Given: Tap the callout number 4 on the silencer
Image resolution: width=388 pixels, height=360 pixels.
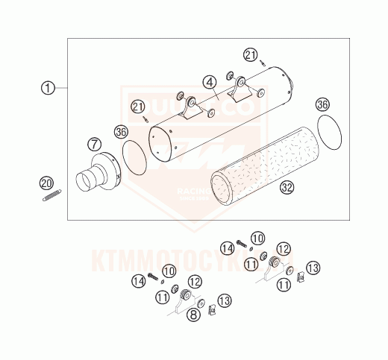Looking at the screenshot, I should tap(211, 81).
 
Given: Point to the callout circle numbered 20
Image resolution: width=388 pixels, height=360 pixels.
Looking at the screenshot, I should tap(46, 183).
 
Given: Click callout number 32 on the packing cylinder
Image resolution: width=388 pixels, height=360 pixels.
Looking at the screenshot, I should tap(286, 188).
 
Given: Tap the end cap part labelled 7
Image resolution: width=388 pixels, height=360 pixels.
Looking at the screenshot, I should tap(100, 176).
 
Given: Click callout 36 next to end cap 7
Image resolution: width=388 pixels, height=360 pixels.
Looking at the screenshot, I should tap(121, 132).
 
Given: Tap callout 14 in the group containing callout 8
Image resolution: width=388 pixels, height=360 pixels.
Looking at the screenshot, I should tap(138, 281).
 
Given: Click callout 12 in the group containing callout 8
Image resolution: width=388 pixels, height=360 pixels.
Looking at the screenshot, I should tap(195, 282).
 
